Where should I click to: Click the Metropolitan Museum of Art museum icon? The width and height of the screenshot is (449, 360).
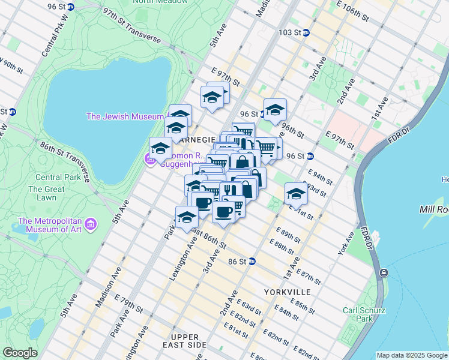coord(91,225)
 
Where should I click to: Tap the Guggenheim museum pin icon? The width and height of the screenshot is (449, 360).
coord(148,158)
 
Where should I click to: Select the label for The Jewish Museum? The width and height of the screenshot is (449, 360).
coord(125,116)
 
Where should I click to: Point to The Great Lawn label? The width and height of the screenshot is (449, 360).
coord(46,193)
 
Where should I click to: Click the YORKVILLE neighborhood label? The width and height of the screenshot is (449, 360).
coord(288,292)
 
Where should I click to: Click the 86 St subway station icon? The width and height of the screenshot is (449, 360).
coord(252,261)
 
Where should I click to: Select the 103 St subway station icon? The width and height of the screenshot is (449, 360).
coord(306,32)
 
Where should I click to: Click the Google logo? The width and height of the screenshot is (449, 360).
coord(20,353)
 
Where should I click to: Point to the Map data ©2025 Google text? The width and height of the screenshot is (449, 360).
coord(411,355)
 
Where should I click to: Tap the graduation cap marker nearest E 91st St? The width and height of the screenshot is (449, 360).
coord(295,194)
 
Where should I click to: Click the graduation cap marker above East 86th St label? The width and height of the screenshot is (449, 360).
coord(187,217)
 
